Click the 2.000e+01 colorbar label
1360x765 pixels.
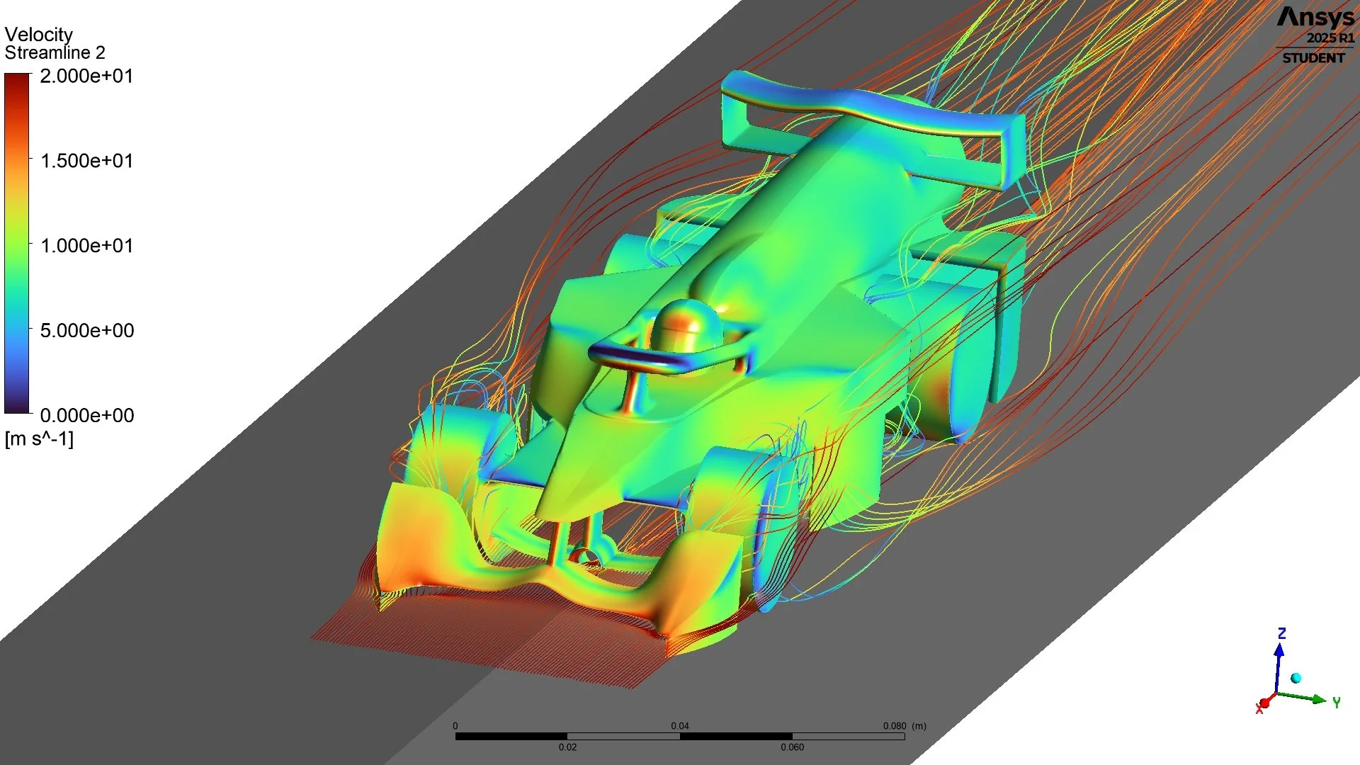pos(86,76)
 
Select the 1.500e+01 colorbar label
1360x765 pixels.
pos(86,161)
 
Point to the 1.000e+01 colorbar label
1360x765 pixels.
pos(86,246)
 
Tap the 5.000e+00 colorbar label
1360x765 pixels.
pos(86,331)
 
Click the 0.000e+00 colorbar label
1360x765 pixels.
pos(86,416)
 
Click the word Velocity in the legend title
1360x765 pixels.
pos(38,35)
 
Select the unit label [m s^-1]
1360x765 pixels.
pos(39,439)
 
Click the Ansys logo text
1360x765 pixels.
pos(1315,18)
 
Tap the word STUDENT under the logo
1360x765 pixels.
pos(1313,58)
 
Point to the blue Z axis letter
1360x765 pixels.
pos(1281,633)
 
